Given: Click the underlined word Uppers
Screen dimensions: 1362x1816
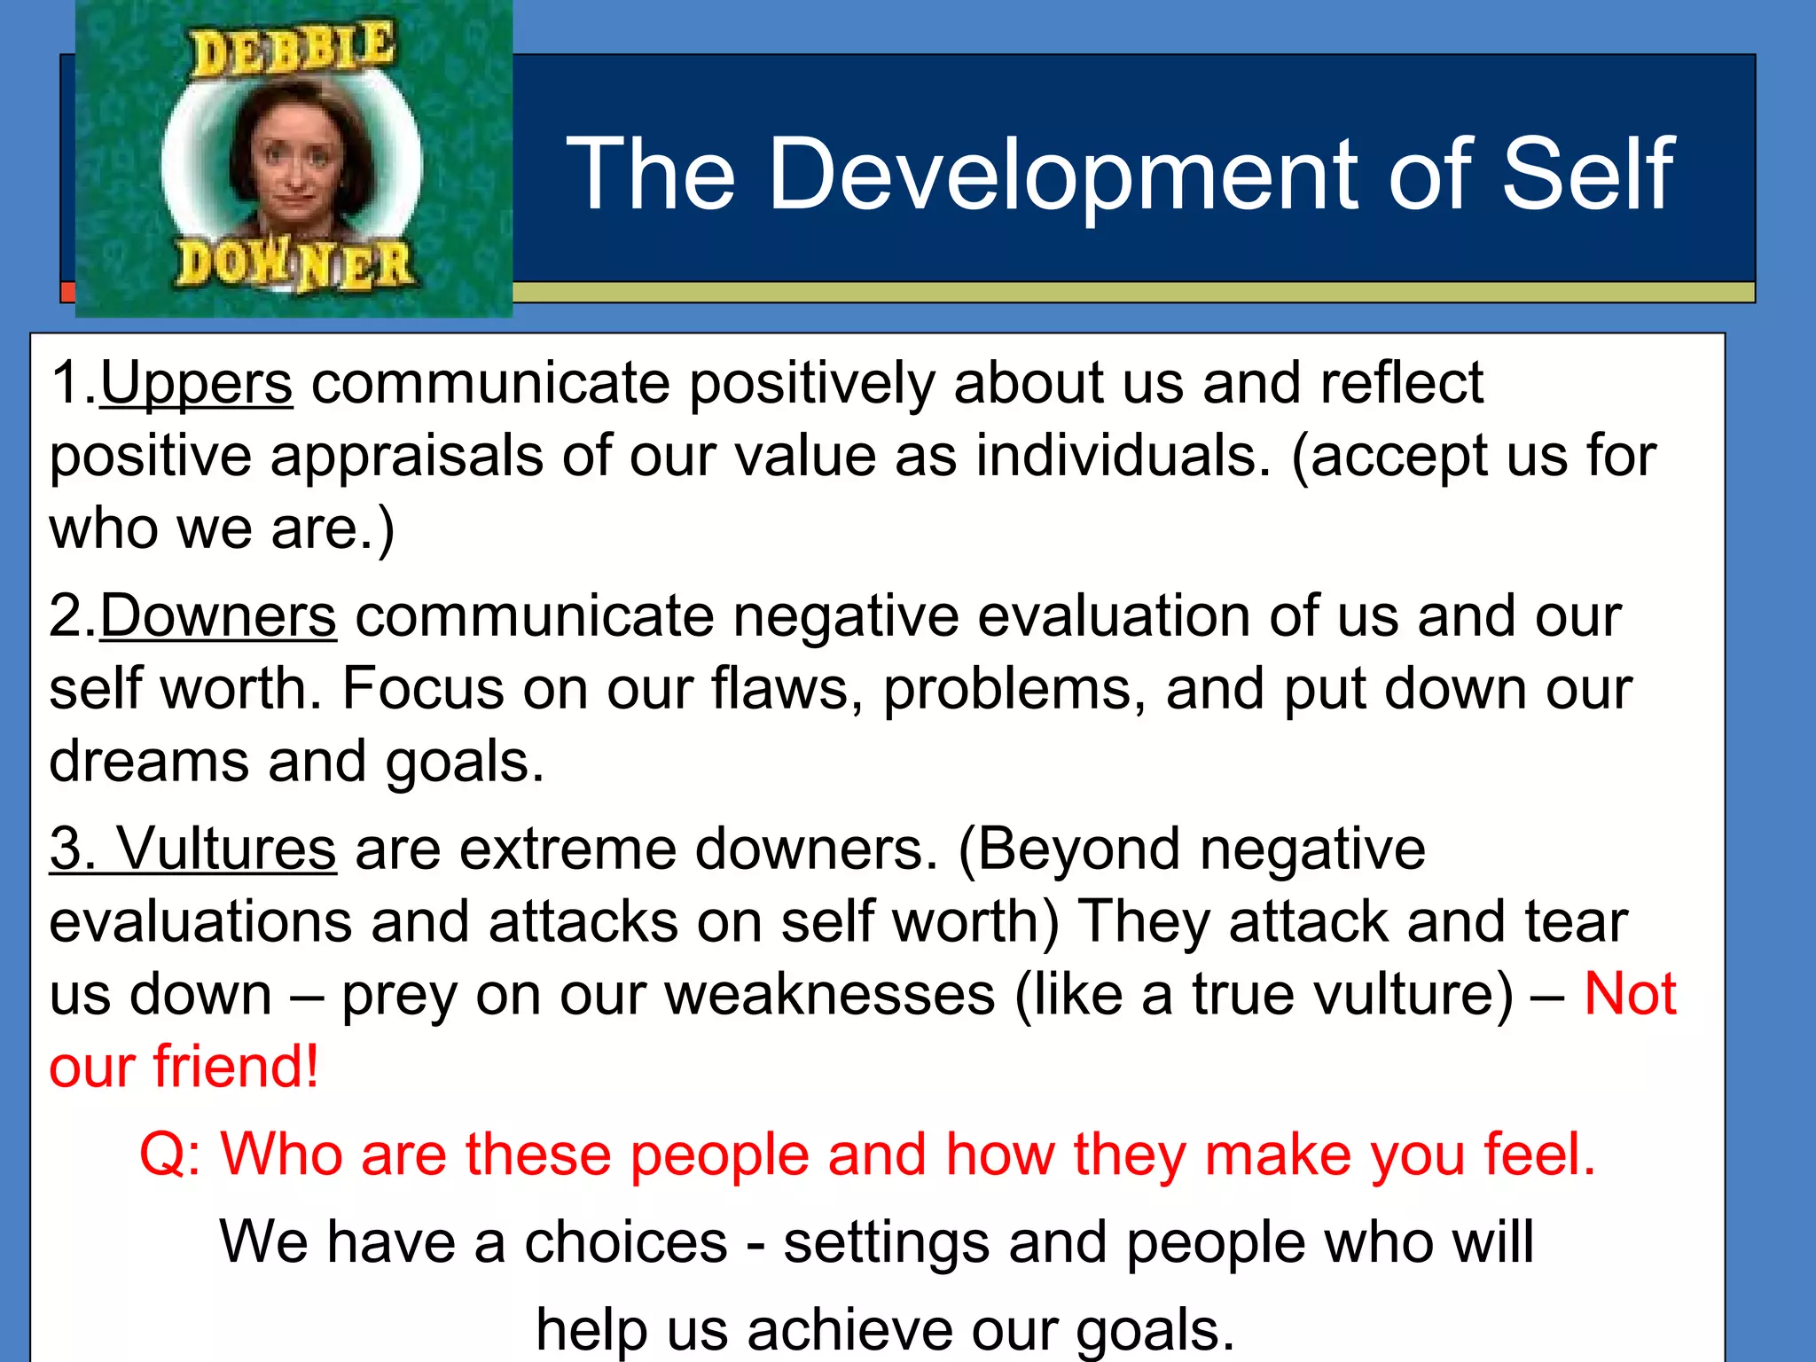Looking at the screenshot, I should [196, 383].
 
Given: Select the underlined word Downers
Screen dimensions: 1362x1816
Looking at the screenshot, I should [218, 616].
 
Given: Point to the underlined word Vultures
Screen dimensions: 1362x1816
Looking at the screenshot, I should [227, 849].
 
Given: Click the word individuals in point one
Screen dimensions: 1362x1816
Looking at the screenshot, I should [1123, 456].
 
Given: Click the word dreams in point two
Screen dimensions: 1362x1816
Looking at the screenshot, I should [149, 762].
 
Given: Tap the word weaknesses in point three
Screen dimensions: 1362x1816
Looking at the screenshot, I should [830, 994].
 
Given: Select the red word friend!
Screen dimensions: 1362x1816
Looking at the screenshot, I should [236, 1067].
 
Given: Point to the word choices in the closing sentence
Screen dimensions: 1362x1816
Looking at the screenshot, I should [626, 1242].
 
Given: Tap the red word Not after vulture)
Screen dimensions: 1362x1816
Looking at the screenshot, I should [1630, 994].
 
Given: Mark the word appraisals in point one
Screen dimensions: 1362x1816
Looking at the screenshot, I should [406, 456].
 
